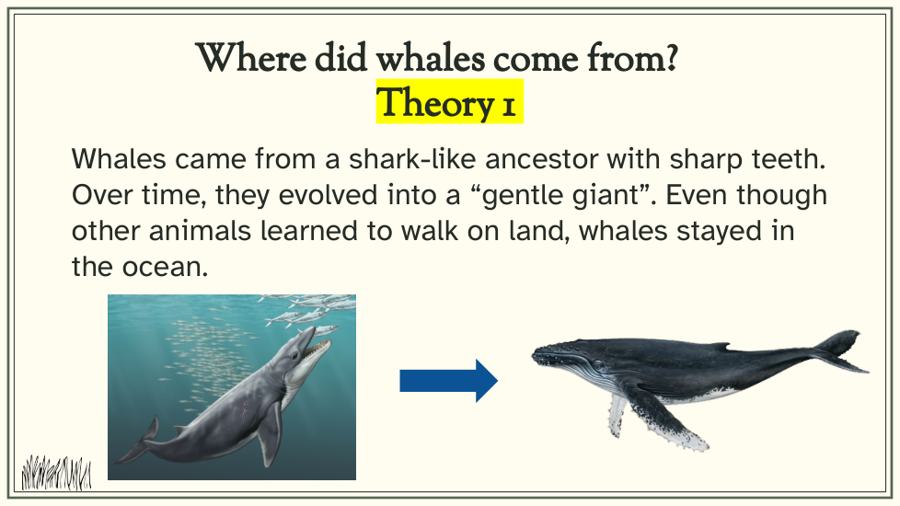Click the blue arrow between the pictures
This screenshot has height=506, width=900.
coord(448,380)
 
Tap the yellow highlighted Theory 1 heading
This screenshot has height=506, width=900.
coord(449,102)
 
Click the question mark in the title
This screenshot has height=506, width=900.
coord(669,57)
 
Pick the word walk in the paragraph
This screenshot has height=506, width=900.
coord(429,231)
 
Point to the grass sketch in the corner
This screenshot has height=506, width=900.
coord(56,473)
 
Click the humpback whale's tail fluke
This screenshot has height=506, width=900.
coord(841,351)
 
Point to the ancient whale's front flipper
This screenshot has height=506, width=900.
coord(269,434)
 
